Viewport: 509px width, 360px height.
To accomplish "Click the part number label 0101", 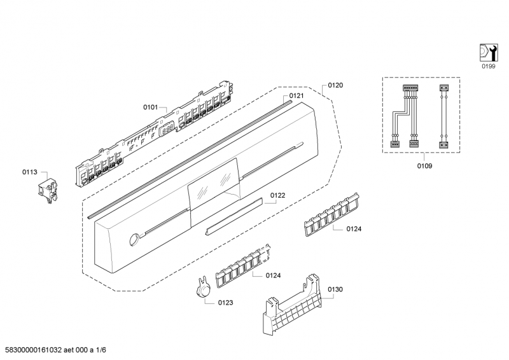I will (150, 107).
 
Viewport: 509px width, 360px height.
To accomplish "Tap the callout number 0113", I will (30, 171).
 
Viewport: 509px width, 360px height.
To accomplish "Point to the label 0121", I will (296, 96).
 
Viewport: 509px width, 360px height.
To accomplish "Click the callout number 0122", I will (277, 196).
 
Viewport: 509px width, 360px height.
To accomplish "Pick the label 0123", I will (225, 303).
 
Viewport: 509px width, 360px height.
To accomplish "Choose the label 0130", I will (335, 289).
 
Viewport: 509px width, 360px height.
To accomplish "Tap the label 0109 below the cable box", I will (424, 166).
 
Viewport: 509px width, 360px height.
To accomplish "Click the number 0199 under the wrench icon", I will (488, 66).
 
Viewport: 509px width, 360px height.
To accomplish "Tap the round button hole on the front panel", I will (133, 240).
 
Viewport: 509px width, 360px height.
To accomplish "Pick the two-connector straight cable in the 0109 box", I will (443, 115).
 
